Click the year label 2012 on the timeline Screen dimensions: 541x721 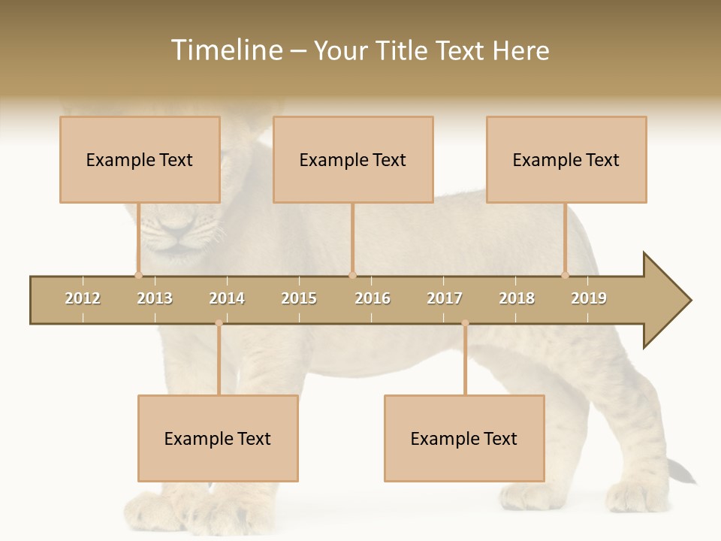point(83,298)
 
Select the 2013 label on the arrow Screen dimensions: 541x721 point(155,298)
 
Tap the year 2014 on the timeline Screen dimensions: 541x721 point(227,298)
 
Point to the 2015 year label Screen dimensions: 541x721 point(299,298)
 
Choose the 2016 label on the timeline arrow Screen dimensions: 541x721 point(373,298)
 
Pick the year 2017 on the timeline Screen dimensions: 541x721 point(445,298)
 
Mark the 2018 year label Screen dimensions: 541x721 point(517,298)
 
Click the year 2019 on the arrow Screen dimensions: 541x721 point(589,298)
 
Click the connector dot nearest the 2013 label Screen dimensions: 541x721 point(138,275)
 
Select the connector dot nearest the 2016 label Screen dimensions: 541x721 point(352,275)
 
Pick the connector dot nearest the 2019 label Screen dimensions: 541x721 point(566,275)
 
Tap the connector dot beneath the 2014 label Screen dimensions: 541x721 point(219,323)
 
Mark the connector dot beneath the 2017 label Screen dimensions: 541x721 point(465,323)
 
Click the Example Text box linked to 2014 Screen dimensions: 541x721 point(218,439)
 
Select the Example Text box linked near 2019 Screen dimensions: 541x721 point(566,160)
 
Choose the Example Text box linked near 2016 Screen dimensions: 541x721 point(353,160)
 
